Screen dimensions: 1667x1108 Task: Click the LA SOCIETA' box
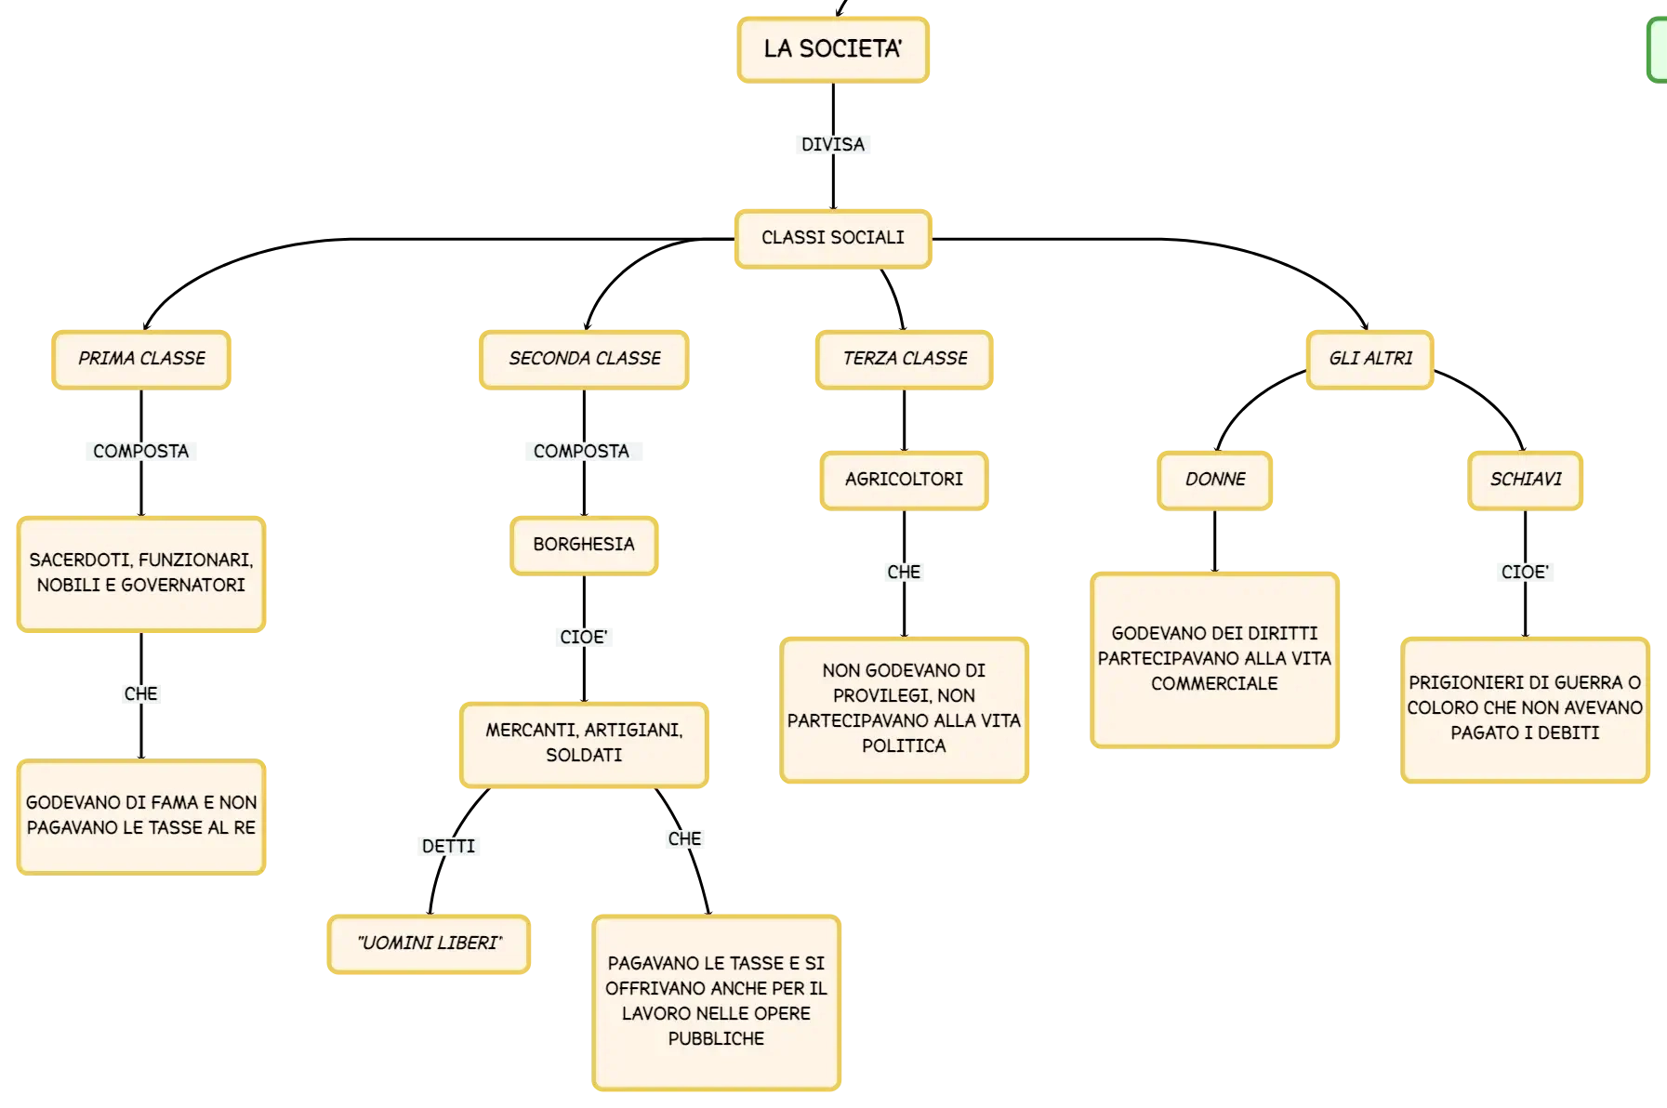coord(833,50)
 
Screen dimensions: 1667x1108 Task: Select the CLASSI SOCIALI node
coord(833,239)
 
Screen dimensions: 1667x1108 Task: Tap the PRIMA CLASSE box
coord(141,360)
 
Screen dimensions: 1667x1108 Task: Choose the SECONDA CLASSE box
coord(584,360)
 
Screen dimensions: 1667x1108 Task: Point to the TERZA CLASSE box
coord(905,360)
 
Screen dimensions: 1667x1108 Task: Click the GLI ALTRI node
coord(1370,360)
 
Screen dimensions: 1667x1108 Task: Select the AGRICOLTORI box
coord(904,481)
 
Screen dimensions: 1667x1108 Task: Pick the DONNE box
coord(1215,481)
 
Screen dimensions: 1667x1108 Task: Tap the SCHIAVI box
coord(1526,481)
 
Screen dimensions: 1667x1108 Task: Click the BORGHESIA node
coord(584,546)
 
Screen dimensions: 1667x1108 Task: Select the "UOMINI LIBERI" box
coord(430,944)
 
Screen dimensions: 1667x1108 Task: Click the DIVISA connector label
coord(833,144)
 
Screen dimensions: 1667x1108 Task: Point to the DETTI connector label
coord(448,846)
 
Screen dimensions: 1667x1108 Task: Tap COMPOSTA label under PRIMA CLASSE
coord(141,451)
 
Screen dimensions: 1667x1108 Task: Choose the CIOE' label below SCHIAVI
coord(1525,572)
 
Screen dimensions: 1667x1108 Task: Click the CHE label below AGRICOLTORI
coord(904,572)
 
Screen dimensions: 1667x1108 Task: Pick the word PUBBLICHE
coord(716,1038)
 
